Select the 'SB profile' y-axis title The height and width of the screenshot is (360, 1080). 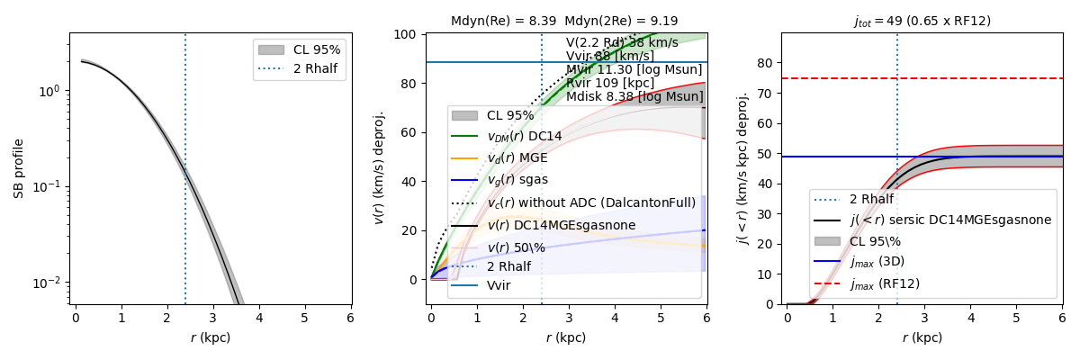18,168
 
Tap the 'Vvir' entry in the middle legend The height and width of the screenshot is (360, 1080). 499,285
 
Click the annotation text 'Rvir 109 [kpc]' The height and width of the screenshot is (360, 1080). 609,83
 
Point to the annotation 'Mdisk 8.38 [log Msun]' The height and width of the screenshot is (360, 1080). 634,96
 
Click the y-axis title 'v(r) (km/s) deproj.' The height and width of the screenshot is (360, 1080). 379,168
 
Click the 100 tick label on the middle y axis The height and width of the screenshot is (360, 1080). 409,35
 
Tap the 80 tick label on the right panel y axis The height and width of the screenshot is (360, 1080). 766,63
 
